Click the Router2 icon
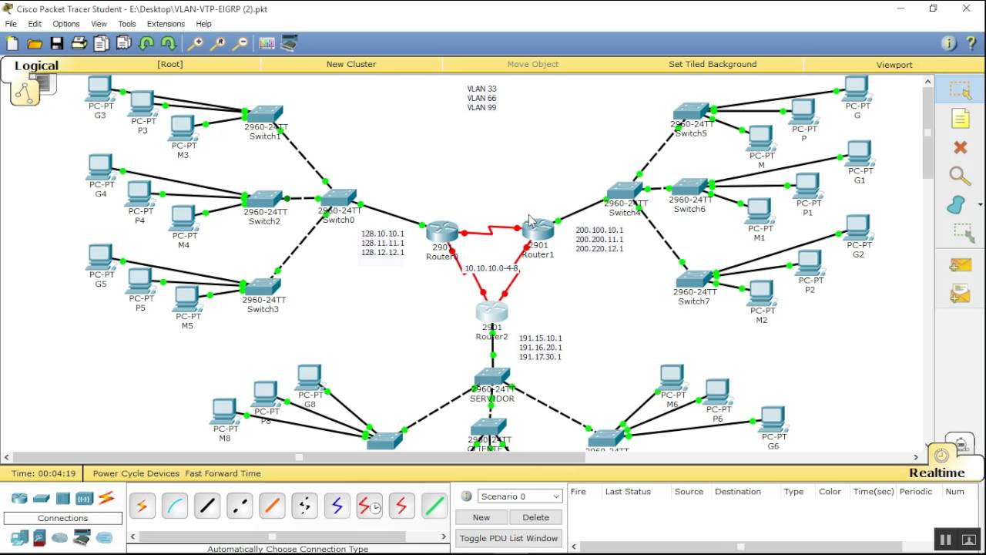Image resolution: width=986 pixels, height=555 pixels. click(x=491, y=311)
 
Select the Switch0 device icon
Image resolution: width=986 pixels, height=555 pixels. click(x=339, y=197)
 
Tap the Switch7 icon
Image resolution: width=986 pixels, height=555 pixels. click(x=694, y=279)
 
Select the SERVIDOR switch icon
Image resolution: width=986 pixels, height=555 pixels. click(x=491, y=377)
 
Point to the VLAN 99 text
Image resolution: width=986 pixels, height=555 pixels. click(x=481, y=108)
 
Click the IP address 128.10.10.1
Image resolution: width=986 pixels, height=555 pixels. click(x=382, y=234)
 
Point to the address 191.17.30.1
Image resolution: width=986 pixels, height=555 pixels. click(x=540, y=357)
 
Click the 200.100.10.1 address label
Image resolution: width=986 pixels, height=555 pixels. click(x=599, y=230)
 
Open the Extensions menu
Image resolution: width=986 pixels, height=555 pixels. click(x=166, y=24)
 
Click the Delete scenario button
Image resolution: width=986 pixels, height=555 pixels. click(x=535, y=517)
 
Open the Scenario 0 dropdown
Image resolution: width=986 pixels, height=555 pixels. click(x=520, y=496)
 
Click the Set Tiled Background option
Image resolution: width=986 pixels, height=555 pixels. click(x=713, y=65)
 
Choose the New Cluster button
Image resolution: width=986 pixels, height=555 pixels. click(x=351, y=65)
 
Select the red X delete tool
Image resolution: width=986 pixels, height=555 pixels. click(x=960, y=147)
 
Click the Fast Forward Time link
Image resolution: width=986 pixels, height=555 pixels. click(x=223, y=473)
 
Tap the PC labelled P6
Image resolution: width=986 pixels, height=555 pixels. click(x=717, y=392)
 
